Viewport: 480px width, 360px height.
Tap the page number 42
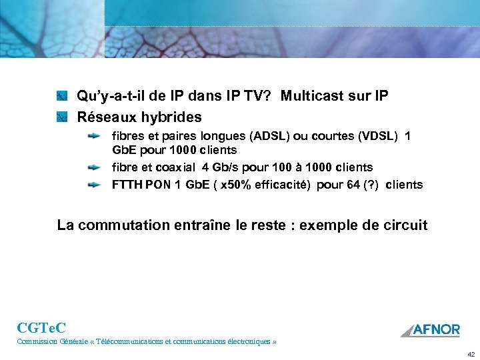click(x=471, y=354)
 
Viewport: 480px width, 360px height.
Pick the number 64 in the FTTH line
click(x=355, y=185)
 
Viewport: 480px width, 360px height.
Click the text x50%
click(x=235, y=185)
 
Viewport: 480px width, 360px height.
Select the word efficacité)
click(x=283, y=185)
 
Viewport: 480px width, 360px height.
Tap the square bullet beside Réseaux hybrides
click(x=62, y=117)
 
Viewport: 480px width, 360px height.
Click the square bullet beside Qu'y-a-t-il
click(x=62, y=96)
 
